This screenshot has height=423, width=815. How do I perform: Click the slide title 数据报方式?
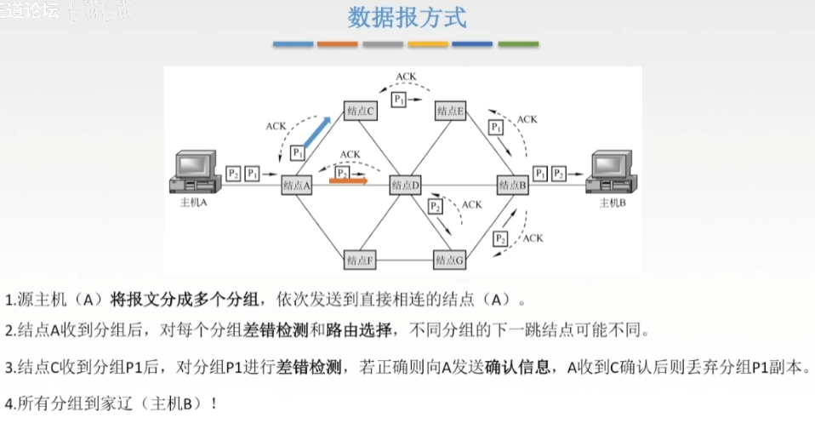point(407,17)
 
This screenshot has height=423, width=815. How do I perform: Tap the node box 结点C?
point(359,110)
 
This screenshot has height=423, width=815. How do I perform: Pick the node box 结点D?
point(406,184)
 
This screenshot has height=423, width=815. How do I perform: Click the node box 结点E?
point(449,110)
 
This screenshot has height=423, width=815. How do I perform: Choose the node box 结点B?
point(513,184)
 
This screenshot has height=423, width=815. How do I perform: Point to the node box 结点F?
point(359,258)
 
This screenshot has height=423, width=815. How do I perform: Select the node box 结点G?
point(449,258)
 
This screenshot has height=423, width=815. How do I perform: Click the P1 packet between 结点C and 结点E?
point(398,100)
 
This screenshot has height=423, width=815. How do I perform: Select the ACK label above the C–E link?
point(406,76)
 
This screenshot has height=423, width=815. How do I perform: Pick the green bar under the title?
point(518,43)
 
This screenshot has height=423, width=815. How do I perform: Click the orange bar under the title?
point(338,43)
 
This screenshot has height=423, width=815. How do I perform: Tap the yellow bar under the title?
point(428,43)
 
